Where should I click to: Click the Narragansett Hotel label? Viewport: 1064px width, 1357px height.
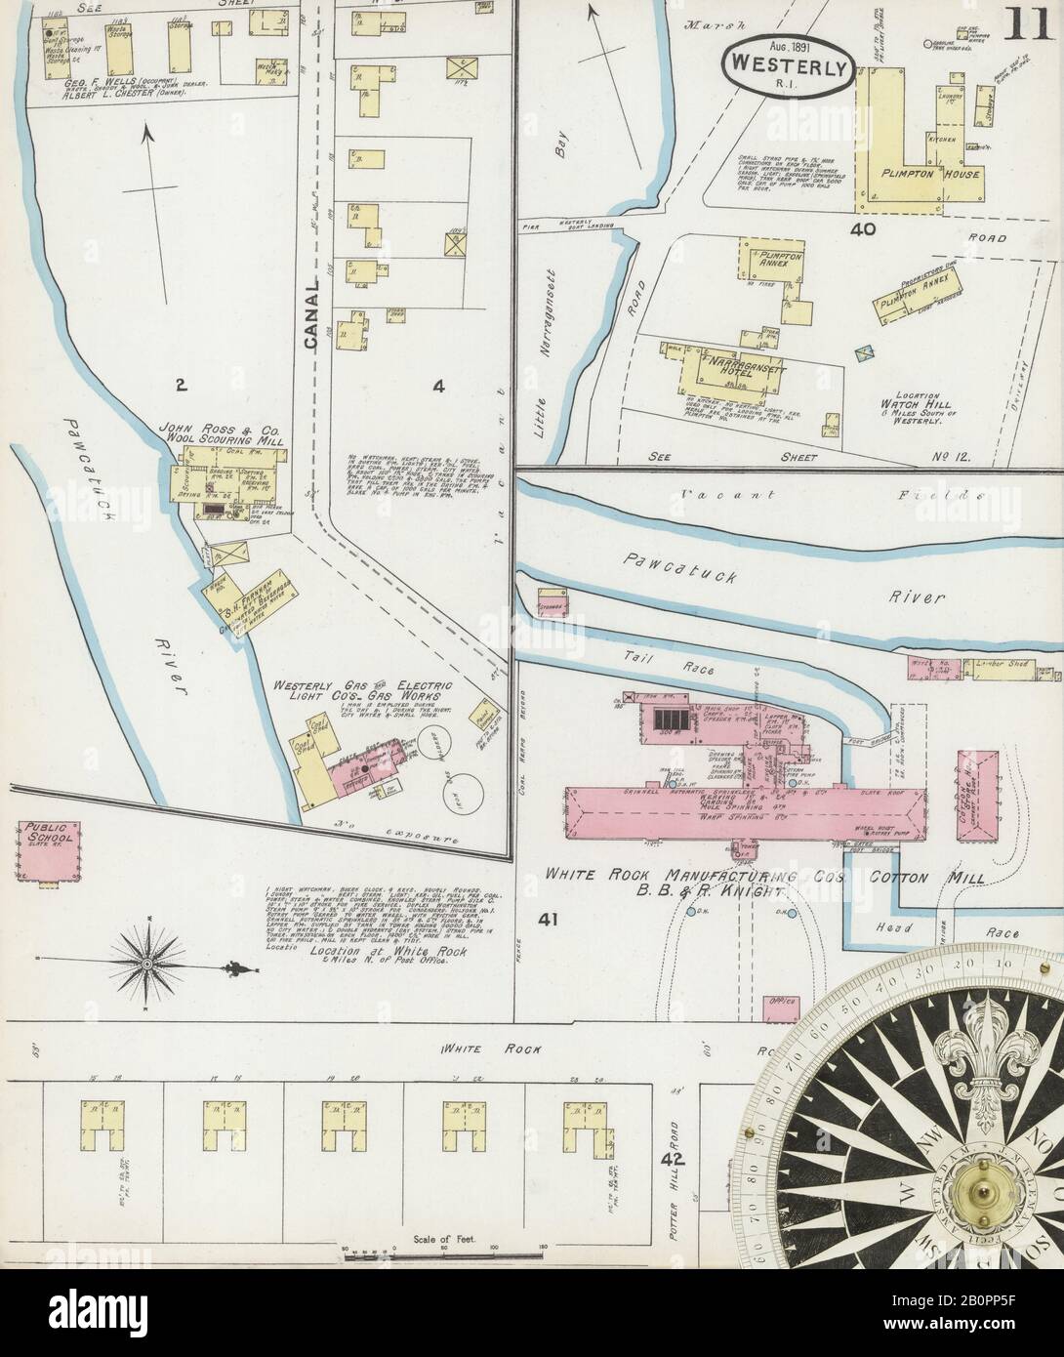click(753, 364)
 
